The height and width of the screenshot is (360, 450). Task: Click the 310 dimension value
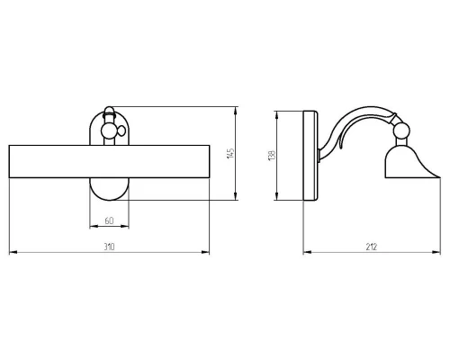[x=109, y=247]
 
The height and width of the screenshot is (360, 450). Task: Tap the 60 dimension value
[x=109, y=220]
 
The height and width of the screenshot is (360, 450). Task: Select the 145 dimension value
[x=230, y=153]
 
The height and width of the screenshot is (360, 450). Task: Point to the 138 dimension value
[x=271, y=156]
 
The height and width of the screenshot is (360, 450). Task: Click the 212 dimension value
[x=372, y=247]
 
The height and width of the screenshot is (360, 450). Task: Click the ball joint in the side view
[x=401, y=130]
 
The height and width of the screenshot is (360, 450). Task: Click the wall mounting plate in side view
[x=310, y=156]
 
